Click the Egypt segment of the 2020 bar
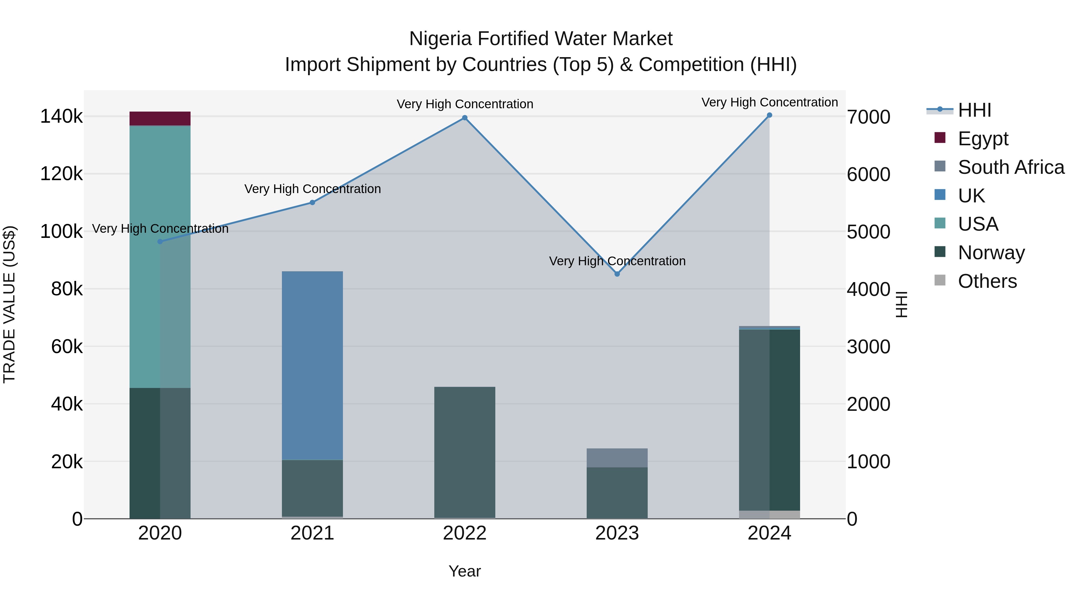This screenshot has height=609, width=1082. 160,118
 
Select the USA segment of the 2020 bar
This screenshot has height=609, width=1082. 160,256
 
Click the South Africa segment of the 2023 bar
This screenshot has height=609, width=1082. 617,458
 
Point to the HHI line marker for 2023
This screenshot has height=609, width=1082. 617,274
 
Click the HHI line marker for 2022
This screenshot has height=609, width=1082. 465,118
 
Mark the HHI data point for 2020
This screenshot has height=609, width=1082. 160,242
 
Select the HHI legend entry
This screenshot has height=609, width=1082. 974,110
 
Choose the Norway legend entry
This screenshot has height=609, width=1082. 991,253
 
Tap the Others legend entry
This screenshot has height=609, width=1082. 987,281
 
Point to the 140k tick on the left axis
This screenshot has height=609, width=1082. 61,116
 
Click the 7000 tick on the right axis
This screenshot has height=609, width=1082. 868,117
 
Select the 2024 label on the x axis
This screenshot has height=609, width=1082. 769,533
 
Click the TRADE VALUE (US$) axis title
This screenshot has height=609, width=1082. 9,304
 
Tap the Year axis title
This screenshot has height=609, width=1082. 465,571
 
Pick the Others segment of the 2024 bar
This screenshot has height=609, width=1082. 769,515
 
